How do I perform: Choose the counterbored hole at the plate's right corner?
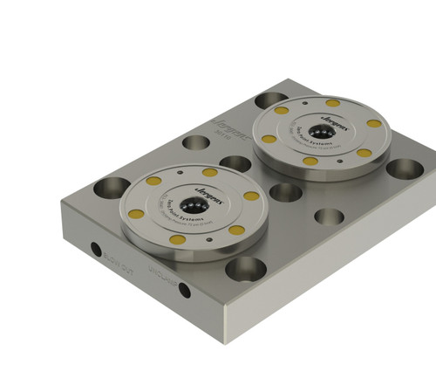[x=403, y=168]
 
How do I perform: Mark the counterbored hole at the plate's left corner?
[x=113, y=186]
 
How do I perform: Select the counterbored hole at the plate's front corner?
[x=244, y=268]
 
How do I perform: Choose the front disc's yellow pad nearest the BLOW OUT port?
[x=136, y=214]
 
